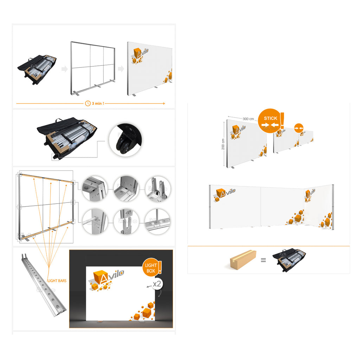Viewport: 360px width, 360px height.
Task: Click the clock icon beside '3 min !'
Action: [x=88, y=104]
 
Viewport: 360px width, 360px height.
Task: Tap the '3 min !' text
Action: [x=98, y=104]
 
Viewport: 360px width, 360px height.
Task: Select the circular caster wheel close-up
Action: [x=126, y=140]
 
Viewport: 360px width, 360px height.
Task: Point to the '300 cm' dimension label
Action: [x=248, y=119]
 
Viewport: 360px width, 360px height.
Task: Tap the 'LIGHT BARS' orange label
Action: [x=57, y=281]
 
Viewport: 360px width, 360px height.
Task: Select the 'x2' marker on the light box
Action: [x=157, y=284]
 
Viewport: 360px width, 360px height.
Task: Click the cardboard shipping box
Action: [x=243, y=260]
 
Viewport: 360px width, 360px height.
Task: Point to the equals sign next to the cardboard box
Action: [x=263, y=260]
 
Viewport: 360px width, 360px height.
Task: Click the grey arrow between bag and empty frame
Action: [x=65, y=69]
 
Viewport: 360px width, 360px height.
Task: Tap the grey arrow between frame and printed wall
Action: [x=121, y=69]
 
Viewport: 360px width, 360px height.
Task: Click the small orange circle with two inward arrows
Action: [x=299, y=128]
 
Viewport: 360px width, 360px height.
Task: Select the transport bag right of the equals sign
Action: [x=289, y=260]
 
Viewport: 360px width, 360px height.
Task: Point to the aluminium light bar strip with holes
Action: [x=44, y=285]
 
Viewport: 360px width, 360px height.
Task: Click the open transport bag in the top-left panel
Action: [x=37, y=69]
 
